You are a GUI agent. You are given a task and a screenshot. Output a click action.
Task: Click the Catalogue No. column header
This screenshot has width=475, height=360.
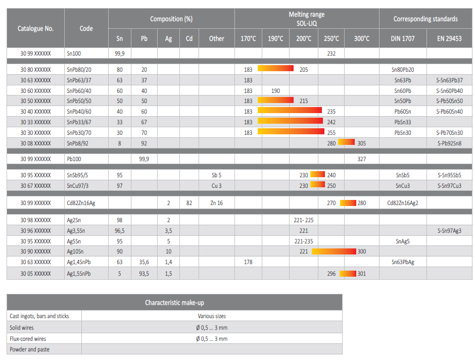pyautogui.click(x=35, y=28)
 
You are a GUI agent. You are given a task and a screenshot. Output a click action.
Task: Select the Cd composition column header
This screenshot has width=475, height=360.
pyautogui.click(x=189, y=38)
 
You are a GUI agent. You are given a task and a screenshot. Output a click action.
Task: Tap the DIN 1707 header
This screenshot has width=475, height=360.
pyautogui.click(x=403, y=38)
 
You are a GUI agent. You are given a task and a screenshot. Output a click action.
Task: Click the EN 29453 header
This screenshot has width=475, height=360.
pyautogui.click(x=450, y=38)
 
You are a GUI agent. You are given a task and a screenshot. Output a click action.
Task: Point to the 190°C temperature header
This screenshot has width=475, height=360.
pyautogui.click(x=275, y=38)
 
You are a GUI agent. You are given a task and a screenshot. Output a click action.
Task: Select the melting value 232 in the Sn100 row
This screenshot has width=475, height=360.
pyautogui.click(x=331, y=53)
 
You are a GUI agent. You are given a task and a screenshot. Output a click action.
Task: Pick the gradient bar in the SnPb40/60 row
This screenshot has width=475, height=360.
pyautogui.click(x=290, y=111)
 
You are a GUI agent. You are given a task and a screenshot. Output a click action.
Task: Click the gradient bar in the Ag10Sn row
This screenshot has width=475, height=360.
pyautogui.click(x=334, y=251)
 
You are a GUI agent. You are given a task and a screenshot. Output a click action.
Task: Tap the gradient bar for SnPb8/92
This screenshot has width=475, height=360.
pyautogui.click(x=347, y=143)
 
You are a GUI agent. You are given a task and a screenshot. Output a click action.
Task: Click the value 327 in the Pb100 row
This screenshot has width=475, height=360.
pyautogui.click(x=361, y=159)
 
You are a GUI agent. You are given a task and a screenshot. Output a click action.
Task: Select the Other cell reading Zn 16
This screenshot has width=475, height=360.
pyautogui.click(x=216, y=203)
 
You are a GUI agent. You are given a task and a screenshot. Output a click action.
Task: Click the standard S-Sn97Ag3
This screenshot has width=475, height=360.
pyautogui.click(x=450, y=231)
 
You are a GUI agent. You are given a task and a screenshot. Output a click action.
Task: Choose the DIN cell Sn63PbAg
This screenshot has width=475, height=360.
pyautogui.click(x=403, y=262)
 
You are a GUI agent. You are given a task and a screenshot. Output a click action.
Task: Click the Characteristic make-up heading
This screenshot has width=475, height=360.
pyautogui.click(x=174, y=302)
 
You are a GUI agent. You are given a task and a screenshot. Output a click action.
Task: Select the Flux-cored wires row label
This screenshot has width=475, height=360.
pyautogui.click(x=28, y=339)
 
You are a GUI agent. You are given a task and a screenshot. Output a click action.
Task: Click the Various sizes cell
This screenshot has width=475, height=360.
pyautogui.click(x=212, y=316)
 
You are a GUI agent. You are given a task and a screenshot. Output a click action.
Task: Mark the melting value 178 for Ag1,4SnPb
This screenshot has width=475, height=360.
pyautogui.click(x=248, y=262)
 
